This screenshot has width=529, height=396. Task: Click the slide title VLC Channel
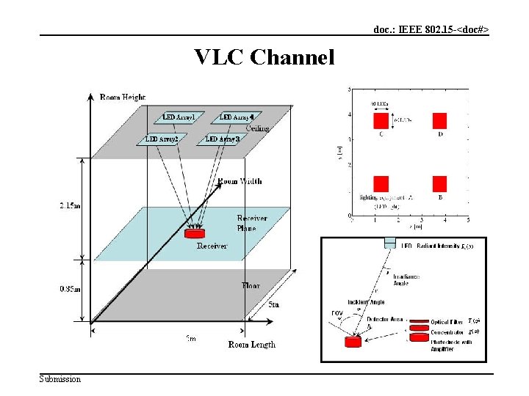[264, 56]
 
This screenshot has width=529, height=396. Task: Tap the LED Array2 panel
[162, 139]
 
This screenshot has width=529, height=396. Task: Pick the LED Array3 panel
[223, 139]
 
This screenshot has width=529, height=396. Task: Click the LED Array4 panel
[237, 117]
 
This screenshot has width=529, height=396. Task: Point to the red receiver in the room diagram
[195, 233]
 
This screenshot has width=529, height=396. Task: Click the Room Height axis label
[123, 97]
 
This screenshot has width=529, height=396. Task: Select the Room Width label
[240, 181]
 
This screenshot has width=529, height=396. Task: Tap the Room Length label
[251, 345]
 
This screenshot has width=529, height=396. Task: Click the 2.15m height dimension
[71, 206]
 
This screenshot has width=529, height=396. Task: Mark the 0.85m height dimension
[71, 288]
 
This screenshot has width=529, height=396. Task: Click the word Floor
[251, 285]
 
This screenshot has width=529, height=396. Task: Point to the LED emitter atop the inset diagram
[389, 245]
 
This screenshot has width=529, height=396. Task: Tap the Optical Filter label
[445, 322]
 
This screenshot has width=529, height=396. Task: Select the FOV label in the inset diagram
[337, 314]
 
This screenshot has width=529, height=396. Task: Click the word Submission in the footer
[60, 379]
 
